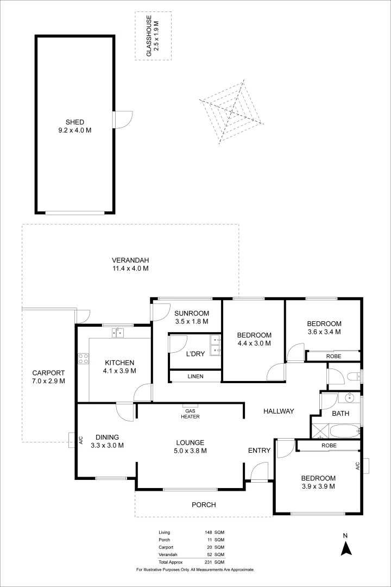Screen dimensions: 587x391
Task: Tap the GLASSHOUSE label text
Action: pyautogui.click(x=153, y=36)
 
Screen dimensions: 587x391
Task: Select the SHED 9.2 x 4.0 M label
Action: pyautogui.click(x=75, y=126)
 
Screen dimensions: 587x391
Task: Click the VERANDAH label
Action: pyautogui.click(x=130, y=264)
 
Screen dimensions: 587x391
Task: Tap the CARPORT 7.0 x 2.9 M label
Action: pyautogui.click(x=48, y=377)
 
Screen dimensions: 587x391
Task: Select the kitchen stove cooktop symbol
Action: pyautogui.click(x=84, y=358)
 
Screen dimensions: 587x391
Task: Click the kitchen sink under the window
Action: pyautogui.click(x=118, y=333)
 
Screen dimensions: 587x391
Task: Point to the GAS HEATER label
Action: pyautogui.click(x=190, y=414)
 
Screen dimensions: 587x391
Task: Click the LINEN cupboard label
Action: pyautogui.click(x=195, y=377)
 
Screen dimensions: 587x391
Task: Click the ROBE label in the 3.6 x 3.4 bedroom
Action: pyautogui.click(x=333, y=357)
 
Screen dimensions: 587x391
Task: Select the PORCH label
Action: pyautogui.click(x=204, y=505)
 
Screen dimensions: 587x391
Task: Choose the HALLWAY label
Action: pyautogui.click(x=279, y=411)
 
